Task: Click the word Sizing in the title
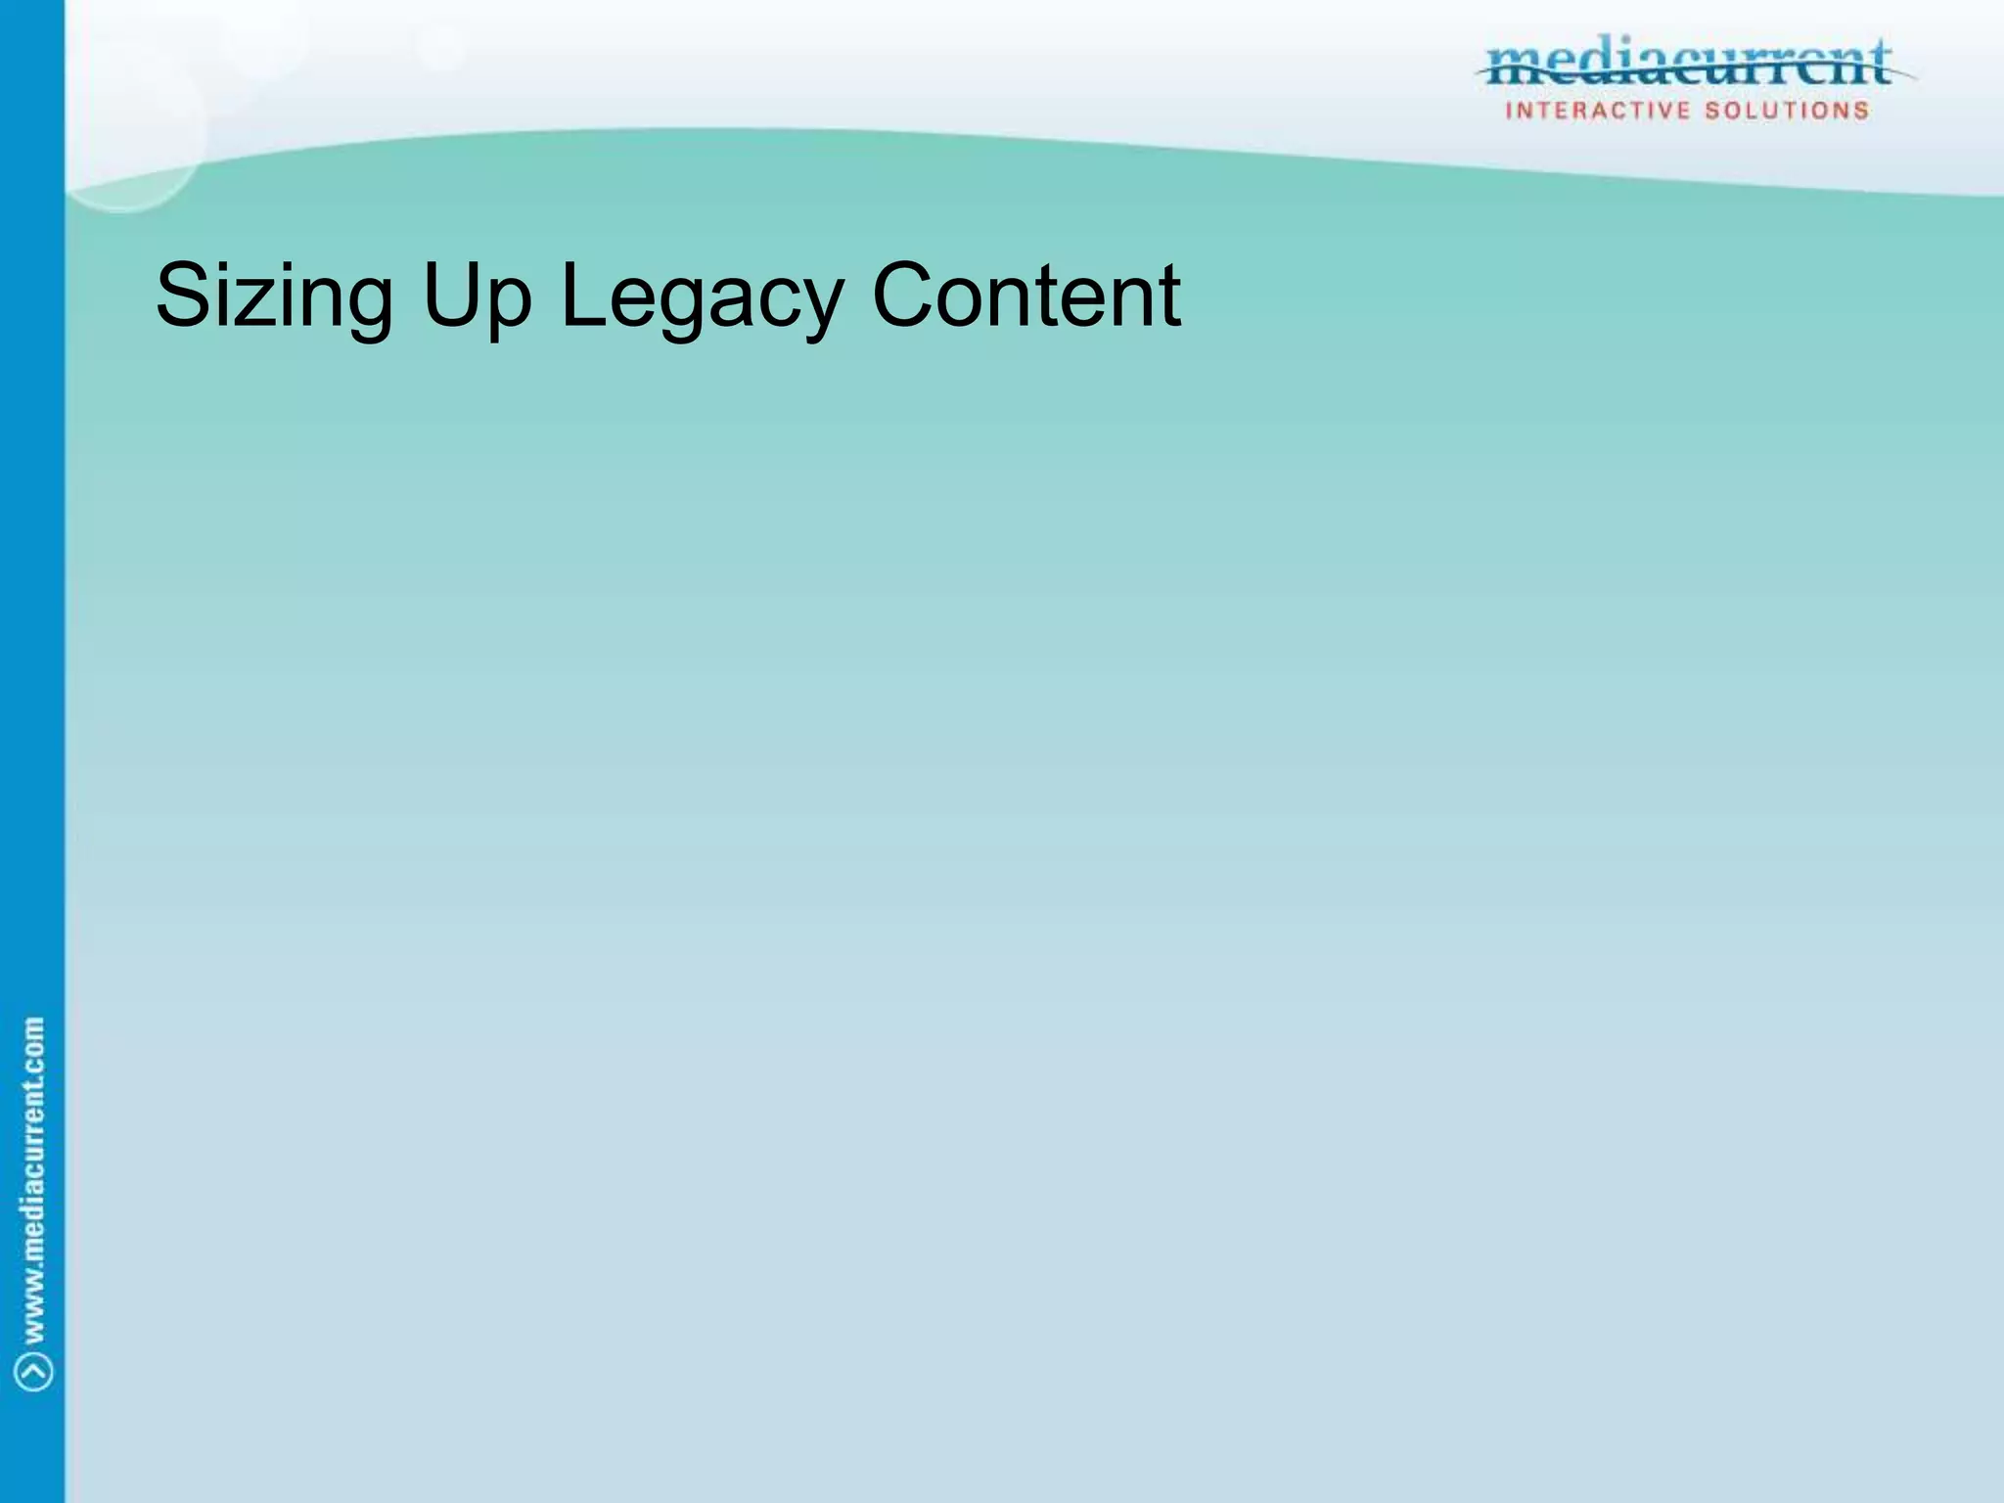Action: coord(274,296)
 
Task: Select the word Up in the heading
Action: coord(477,296)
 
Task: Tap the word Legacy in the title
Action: coord(701,296)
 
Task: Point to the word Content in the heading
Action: coord(1025,296)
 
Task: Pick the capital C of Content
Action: coord(903,296)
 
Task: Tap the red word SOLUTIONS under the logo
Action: coord(1787,111)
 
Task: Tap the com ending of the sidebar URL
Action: coord(33,1043)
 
